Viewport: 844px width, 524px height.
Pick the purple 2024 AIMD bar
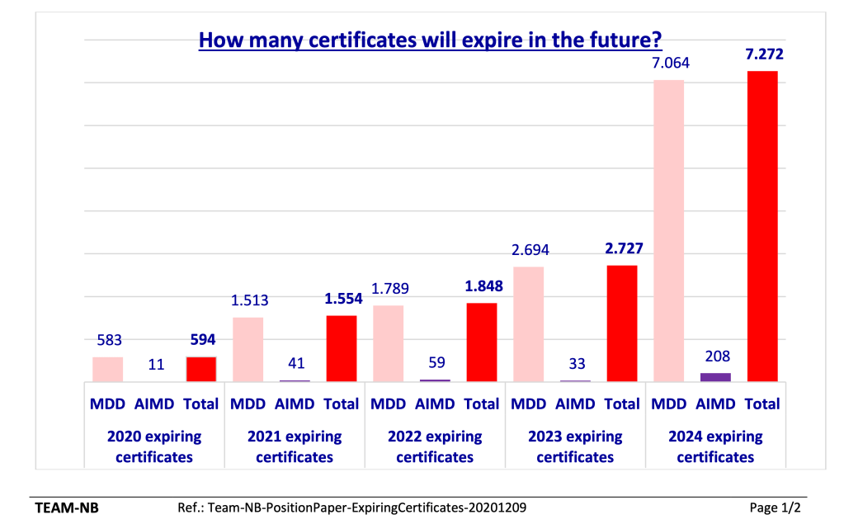715,376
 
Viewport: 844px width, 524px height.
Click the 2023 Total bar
622,323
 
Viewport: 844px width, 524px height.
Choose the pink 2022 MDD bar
389,342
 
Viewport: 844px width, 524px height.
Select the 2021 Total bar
342,347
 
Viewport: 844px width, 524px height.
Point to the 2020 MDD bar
107,368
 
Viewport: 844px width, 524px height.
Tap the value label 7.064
668,64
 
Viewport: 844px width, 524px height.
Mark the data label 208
715,356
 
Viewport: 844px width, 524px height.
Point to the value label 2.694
528,250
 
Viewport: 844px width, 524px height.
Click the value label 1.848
482,286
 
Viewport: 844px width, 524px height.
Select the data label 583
107,340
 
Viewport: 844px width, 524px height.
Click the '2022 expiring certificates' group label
435,446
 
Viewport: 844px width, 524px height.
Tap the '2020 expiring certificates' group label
154,446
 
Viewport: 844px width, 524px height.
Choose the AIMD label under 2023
575,404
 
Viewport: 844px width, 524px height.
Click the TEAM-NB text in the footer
67,507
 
